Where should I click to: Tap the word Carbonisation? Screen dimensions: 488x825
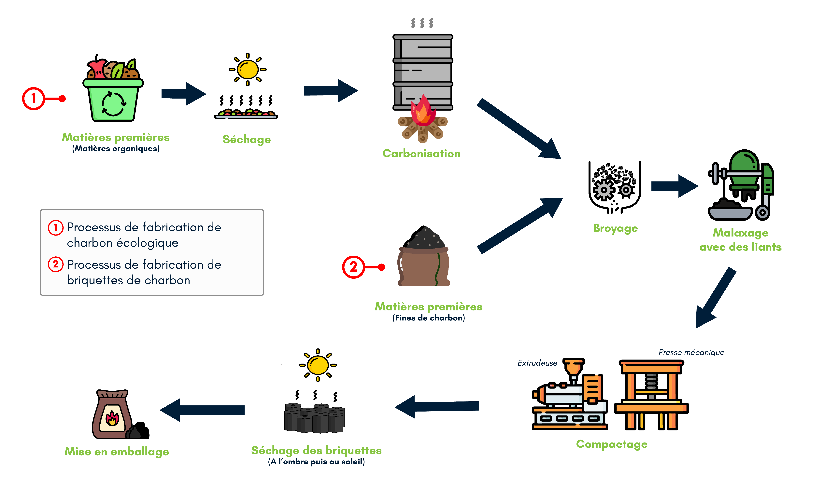point(421,154)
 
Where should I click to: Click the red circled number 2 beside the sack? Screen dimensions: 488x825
point(353,267)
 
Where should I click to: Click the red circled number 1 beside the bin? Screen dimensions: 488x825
point(33,98)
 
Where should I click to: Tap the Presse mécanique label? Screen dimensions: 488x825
point(691,353)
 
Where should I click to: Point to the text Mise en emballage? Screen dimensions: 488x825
point(117,452)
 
